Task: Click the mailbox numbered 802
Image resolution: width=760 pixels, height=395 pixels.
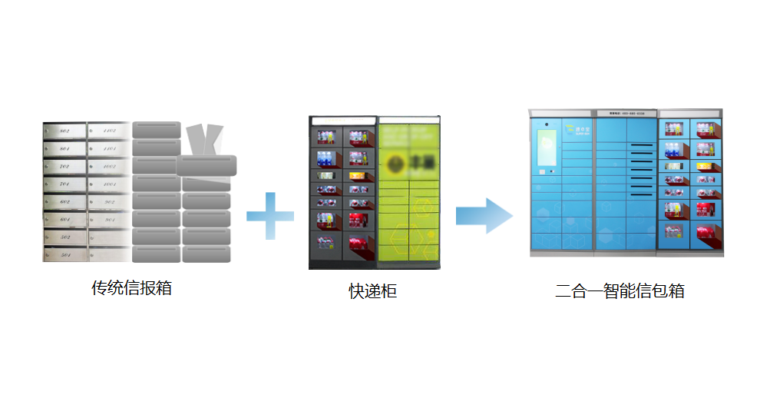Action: click(x=64, y=131)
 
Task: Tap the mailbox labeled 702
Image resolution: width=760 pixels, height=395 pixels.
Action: click(x=64, y=167)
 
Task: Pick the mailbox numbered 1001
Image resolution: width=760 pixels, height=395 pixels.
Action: click(x=110, y=184)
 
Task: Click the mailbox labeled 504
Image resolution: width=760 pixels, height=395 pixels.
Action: click(x=64, y=254)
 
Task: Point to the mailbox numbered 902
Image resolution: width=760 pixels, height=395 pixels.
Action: click(x=110, y=203)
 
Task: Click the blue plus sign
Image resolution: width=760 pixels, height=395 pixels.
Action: click(x=270, y=216)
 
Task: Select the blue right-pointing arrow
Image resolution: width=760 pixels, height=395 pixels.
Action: click(x=484, y=216)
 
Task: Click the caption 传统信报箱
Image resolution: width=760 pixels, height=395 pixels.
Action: click(x=131, y=288)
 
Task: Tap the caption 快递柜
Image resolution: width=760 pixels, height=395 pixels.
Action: click(x=373, y=291)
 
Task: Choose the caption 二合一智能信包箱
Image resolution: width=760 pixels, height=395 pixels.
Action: click(x=620, y=291)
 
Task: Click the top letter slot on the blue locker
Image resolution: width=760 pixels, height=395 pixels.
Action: click(x=642, y=144)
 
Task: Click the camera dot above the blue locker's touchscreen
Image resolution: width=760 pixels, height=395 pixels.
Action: click(x=546, y=123)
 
